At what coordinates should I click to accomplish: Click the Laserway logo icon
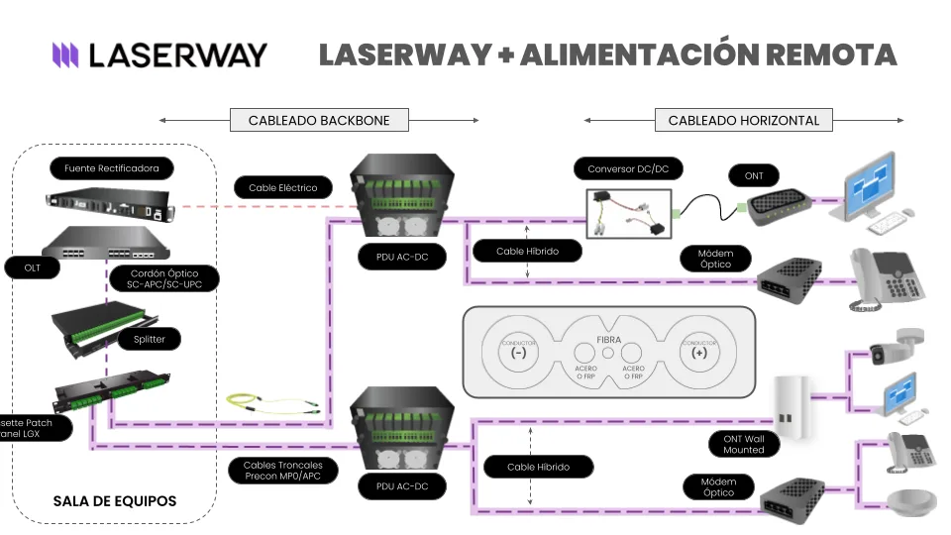coord(65,54)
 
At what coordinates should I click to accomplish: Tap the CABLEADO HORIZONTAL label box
coord(743,121)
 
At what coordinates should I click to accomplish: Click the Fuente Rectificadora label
coord(111,168)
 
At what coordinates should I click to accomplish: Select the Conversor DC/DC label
coord(628,169)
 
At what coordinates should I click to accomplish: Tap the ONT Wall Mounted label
coord(744,443)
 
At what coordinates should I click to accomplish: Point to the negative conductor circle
coord(517,352)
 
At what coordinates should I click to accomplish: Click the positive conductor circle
coord(699,352)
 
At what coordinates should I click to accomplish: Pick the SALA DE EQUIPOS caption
coord(115,501)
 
